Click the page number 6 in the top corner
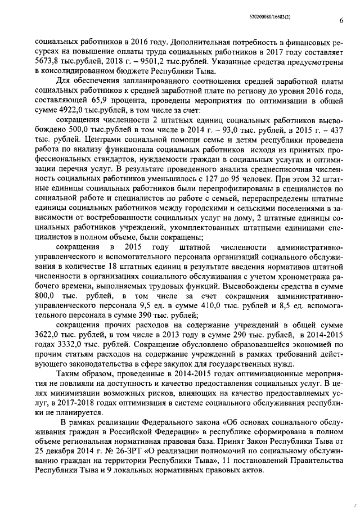click(341, 21)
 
